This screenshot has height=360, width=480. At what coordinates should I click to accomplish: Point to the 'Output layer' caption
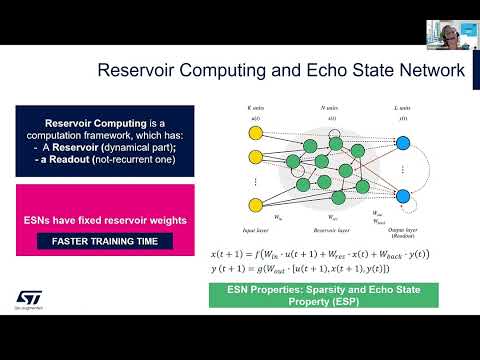404,226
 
